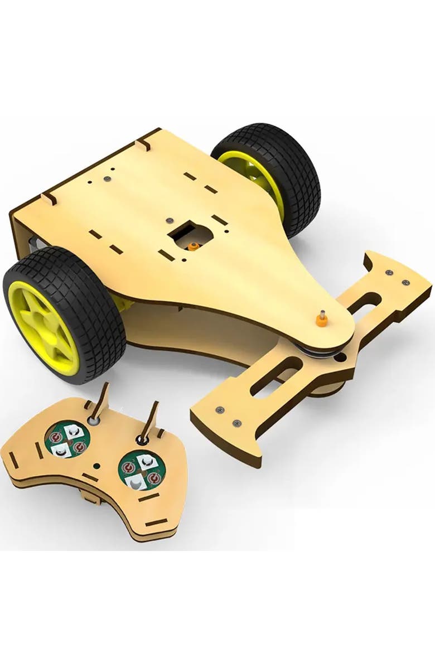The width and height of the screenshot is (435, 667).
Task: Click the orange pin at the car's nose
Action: point(321,320)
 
